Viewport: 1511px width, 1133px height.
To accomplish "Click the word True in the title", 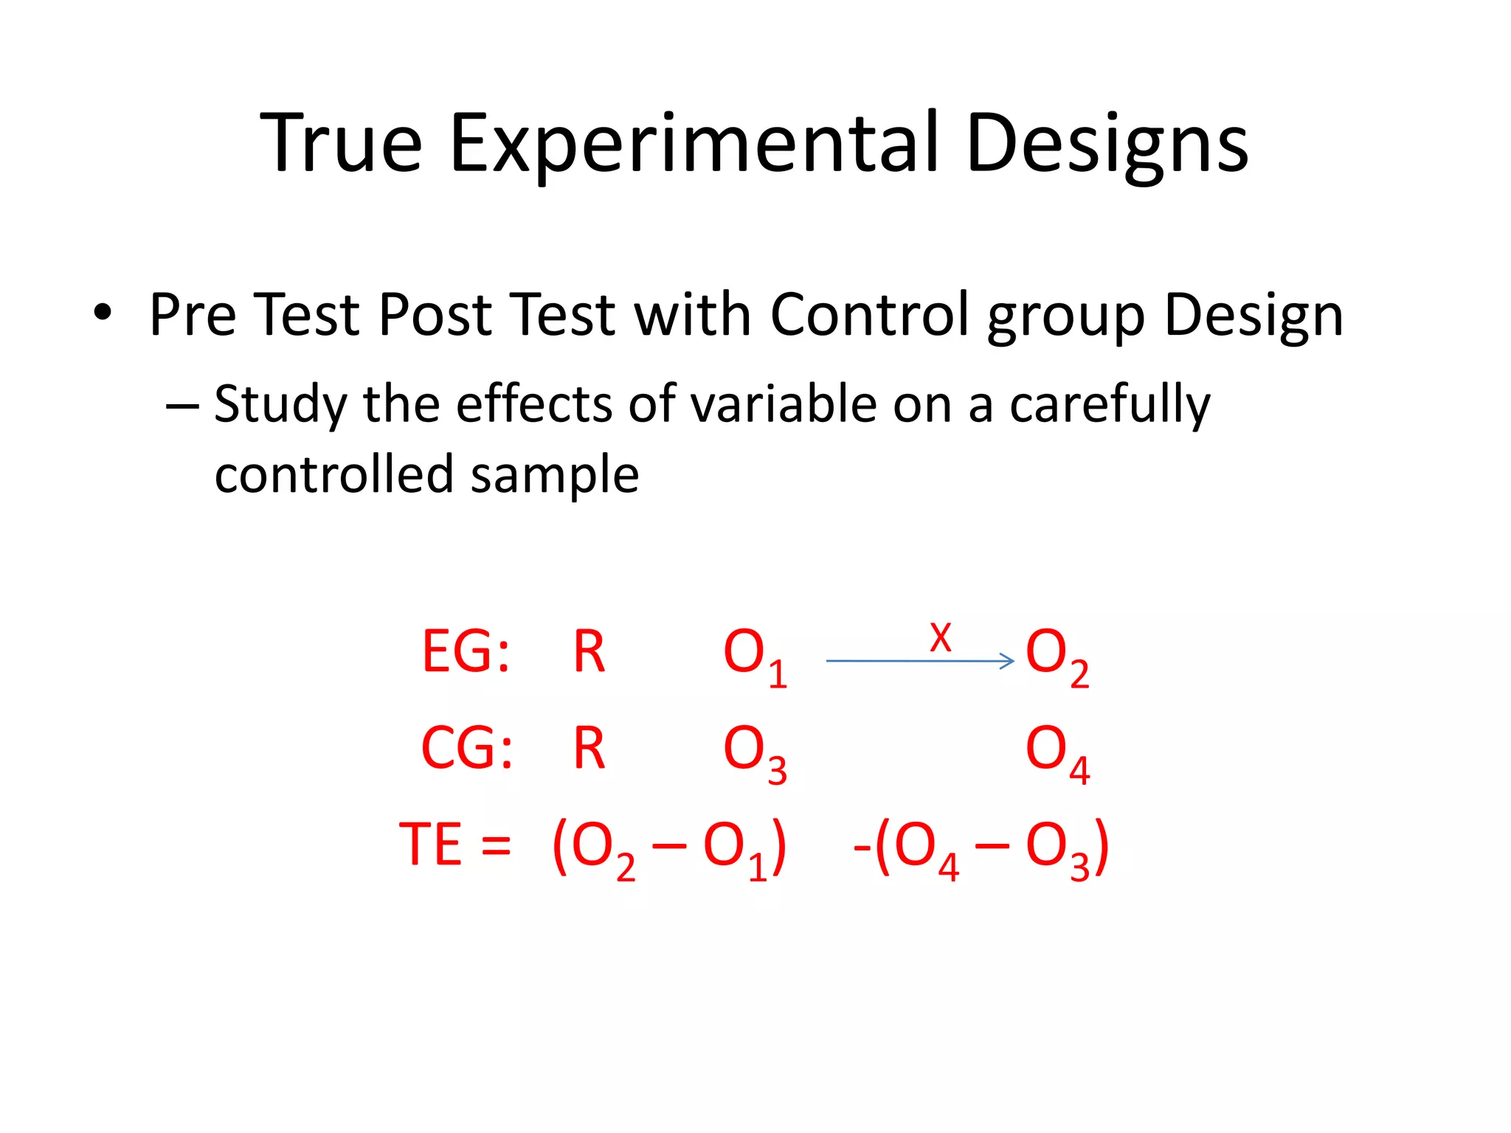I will pos(342,144).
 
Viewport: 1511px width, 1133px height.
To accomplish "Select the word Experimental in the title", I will pos(694,144).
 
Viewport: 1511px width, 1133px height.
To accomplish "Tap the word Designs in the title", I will pos(1107,144).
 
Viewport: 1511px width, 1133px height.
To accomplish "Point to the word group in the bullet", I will pos(1066,319).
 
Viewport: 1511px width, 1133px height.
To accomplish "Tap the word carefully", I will pos(1110,406).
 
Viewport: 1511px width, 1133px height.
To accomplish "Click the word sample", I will pos(554,476).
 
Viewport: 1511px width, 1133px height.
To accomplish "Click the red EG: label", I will pos(466,652).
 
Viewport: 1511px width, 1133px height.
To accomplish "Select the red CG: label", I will pos(466,749).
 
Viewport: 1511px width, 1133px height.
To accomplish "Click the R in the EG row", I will pos(589,652).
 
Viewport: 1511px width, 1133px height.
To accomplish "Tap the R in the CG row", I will pos(589,749).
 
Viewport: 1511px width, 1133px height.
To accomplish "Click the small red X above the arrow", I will pos(940,637).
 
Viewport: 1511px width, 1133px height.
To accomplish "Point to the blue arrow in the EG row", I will pos(919,661).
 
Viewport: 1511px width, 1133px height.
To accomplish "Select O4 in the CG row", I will pos(1057,752).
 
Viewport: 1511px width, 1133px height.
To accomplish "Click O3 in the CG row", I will pos(754,752).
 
